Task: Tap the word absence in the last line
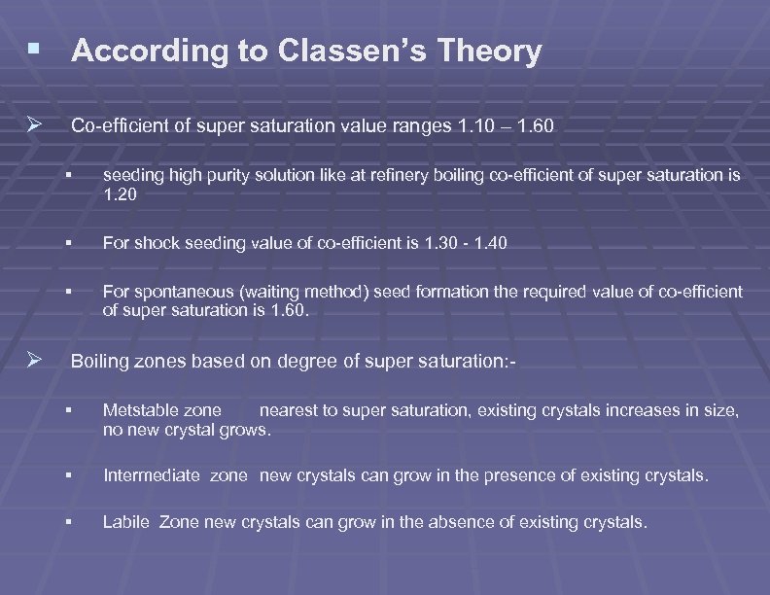click(x=464, y=522)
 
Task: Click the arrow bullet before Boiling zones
click(x=36, y=361)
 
